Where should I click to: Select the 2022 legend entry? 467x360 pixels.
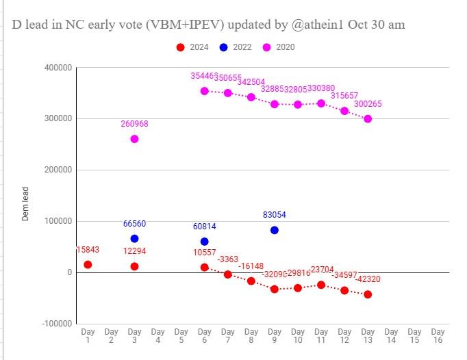[x=236, y=47]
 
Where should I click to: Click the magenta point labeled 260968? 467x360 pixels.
[x=134, y=139]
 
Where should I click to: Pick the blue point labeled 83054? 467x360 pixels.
[x=275, y=230]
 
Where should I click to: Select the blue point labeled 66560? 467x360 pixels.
[x=134, y=238]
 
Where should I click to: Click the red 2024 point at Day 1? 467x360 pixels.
[x=88, y=264]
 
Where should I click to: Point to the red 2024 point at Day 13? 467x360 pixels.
[x=368, y=294]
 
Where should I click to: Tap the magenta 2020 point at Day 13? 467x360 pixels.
[x=368, y=118]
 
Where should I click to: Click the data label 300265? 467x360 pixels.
[x=368, y=104]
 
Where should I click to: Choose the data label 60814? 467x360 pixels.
[x=204, y=226]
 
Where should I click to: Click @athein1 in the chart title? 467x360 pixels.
[x=314, y=25]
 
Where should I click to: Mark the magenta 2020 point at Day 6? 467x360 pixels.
[x=204, y=91]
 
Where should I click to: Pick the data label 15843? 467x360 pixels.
[x=88, y=250]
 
